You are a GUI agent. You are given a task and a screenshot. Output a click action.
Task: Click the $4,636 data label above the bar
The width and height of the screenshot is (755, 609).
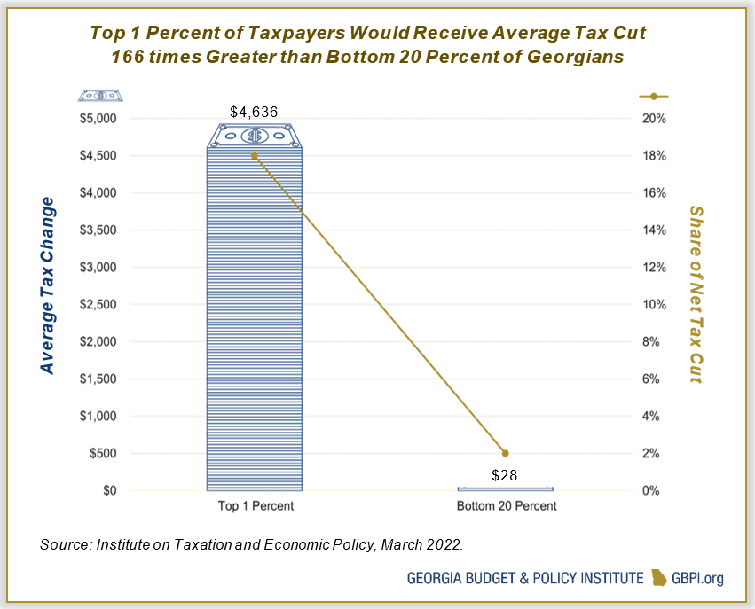(x=255, y=113)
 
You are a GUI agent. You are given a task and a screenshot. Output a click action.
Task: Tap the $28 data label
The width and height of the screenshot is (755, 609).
(x=506, y=475)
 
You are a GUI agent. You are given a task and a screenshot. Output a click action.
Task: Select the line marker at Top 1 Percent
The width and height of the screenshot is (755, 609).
(x=255, y=155)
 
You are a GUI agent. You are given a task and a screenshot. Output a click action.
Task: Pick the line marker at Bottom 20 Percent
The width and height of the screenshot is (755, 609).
(x=506, y=453)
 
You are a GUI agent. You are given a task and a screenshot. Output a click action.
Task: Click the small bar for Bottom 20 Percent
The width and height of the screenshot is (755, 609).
(x=506, y=488)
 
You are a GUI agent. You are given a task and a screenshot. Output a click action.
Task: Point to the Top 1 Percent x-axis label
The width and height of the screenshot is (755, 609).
(x=255, y=506)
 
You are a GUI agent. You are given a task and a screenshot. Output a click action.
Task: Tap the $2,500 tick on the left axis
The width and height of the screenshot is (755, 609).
(x=98, y=304)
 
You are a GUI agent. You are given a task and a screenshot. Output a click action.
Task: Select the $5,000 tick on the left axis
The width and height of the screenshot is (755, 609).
(x=98, y=118)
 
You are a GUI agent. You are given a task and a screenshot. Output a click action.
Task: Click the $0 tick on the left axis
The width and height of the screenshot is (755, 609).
(x=108, y=490)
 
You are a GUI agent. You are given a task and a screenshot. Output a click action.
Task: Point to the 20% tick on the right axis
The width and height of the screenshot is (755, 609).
(x=653, y=118)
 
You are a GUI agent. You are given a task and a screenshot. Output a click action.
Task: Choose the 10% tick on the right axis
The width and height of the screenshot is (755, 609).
(x=653, y=304)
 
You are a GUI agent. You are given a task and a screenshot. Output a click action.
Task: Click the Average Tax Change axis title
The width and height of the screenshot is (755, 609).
(x=47, y=285)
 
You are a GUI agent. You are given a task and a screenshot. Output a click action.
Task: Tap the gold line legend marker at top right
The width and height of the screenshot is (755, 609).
(x=653, y=96)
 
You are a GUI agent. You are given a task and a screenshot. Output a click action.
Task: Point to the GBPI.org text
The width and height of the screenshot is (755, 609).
(x=700, y=578)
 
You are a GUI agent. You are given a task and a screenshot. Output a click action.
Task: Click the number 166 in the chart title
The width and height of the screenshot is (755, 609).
(x=133, y=57)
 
